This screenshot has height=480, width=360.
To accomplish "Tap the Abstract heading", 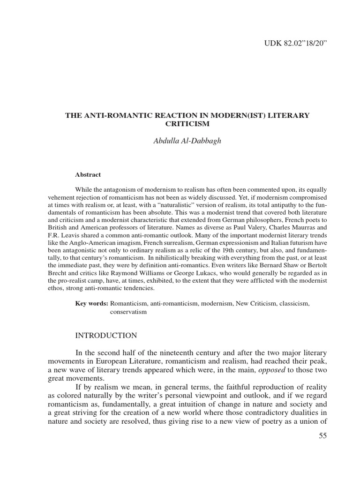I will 88,174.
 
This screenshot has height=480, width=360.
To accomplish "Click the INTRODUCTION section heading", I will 106,335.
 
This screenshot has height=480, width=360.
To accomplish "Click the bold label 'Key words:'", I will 92,304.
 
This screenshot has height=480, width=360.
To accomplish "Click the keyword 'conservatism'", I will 128,312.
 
